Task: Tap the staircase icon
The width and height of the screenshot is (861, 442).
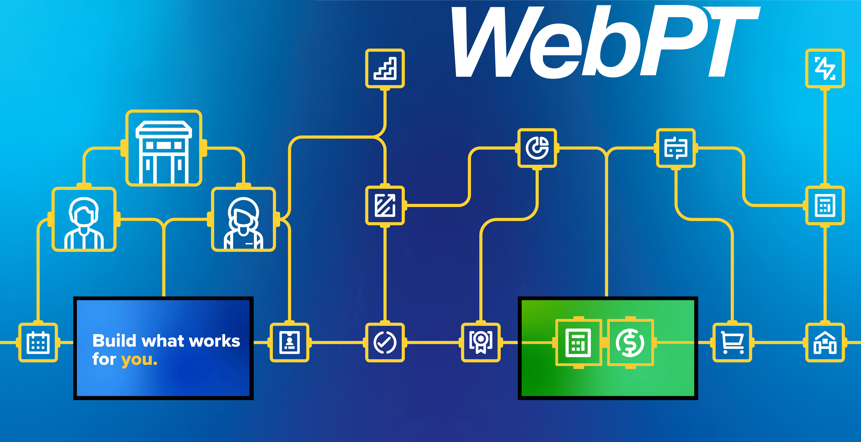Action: click(385, 68)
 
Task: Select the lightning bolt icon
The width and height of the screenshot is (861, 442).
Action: click(825, 68)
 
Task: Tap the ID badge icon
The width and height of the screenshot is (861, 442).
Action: click(289, 342)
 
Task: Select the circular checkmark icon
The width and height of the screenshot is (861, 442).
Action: click(385, 342)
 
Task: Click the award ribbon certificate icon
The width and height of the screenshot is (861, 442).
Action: click(481, 342)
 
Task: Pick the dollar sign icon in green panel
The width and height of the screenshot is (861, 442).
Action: click(630, 342)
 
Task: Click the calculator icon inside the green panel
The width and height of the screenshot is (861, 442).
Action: click(578, 342)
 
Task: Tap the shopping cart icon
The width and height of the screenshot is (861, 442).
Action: click(732, 342)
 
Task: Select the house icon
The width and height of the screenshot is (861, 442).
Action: click(825, 342)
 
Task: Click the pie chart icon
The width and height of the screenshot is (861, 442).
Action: click(537, 148)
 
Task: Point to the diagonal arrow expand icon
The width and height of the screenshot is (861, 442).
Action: click(385, 205)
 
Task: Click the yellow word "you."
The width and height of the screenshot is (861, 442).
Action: click(139, 360)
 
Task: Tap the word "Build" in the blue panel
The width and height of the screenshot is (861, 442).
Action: click(114, 341)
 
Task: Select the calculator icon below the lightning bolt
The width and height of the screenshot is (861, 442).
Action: click(825, 205)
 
